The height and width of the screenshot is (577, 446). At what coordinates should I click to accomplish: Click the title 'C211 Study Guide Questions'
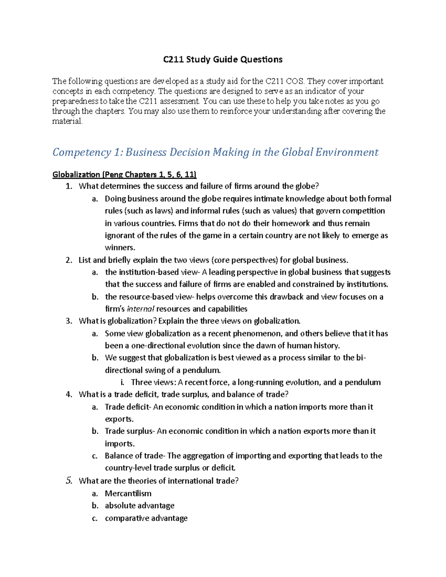[223, 59]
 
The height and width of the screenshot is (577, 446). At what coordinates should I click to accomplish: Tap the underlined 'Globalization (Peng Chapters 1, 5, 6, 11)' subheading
[125, 175]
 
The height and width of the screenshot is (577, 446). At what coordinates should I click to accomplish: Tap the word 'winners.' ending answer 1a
[120, 248]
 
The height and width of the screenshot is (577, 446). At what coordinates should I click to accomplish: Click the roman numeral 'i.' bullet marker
[122, 382]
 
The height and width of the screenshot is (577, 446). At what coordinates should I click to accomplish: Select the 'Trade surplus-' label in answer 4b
[129, 431]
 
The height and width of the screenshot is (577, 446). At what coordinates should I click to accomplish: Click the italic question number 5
[69, 481]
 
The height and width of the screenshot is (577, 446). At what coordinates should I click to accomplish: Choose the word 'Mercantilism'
[128, 493]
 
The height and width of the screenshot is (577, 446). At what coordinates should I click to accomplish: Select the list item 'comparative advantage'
[146, 518]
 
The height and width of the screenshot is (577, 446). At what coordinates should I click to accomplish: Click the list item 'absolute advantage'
[139, 506]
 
